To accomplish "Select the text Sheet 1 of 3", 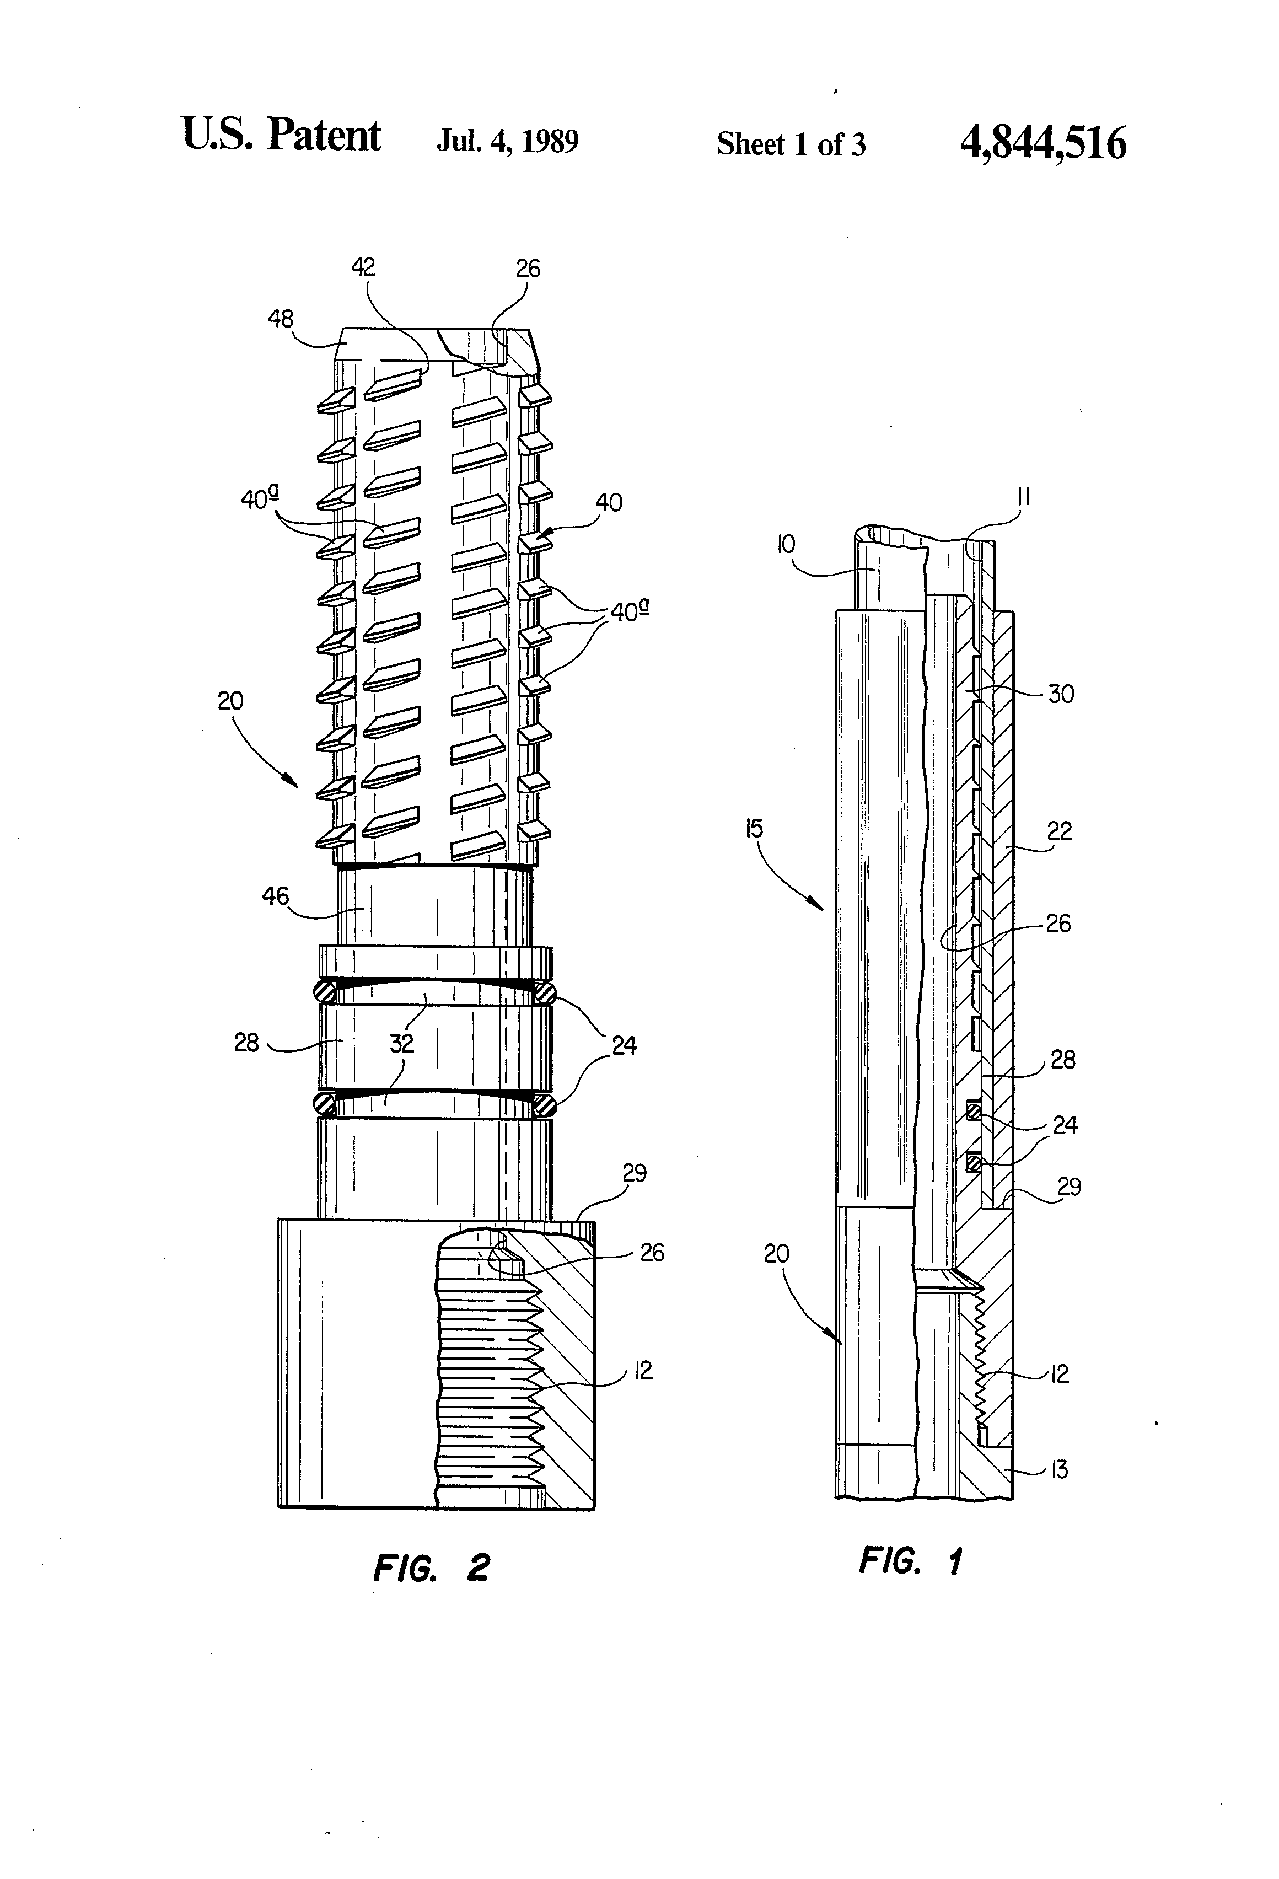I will pos(790,144).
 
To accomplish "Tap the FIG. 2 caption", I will pos(431,1567).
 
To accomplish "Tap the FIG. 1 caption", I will pos(910,1560).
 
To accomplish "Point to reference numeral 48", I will pos(281,319).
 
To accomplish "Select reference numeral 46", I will pos(275,896).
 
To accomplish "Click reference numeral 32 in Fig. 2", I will pos(401,1043).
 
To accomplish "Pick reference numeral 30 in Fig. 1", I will pos(1061,694).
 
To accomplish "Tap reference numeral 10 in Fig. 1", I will pos(786,544).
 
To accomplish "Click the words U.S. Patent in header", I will pos(281,135).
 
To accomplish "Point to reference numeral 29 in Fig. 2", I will pos(635,1172).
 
